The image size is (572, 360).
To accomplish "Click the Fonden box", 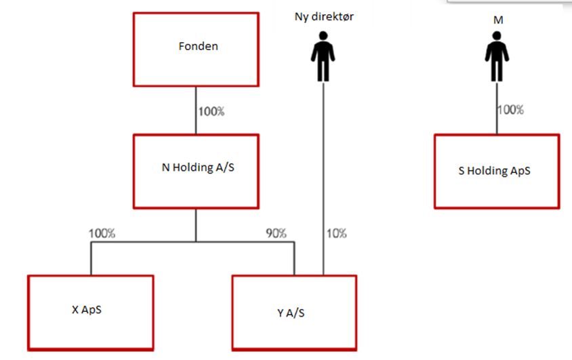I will tap(197, 47).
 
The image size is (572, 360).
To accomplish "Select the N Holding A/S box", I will tap(197, 171).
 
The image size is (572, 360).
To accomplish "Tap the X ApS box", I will tap(90, 312).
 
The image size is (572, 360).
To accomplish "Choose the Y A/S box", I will tap(294, 314).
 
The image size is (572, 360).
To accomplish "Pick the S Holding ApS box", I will tap(496, 171).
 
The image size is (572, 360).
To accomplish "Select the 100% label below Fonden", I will tap(211, 111).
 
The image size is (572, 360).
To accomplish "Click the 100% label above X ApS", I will tap(102, 233).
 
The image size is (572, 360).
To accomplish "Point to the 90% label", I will tap(276, 233).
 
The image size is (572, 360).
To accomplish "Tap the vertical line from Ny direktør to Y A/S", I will tap(322, 169).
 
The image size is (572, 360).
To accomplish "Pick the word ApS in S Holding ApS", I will tap(520, 171).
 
